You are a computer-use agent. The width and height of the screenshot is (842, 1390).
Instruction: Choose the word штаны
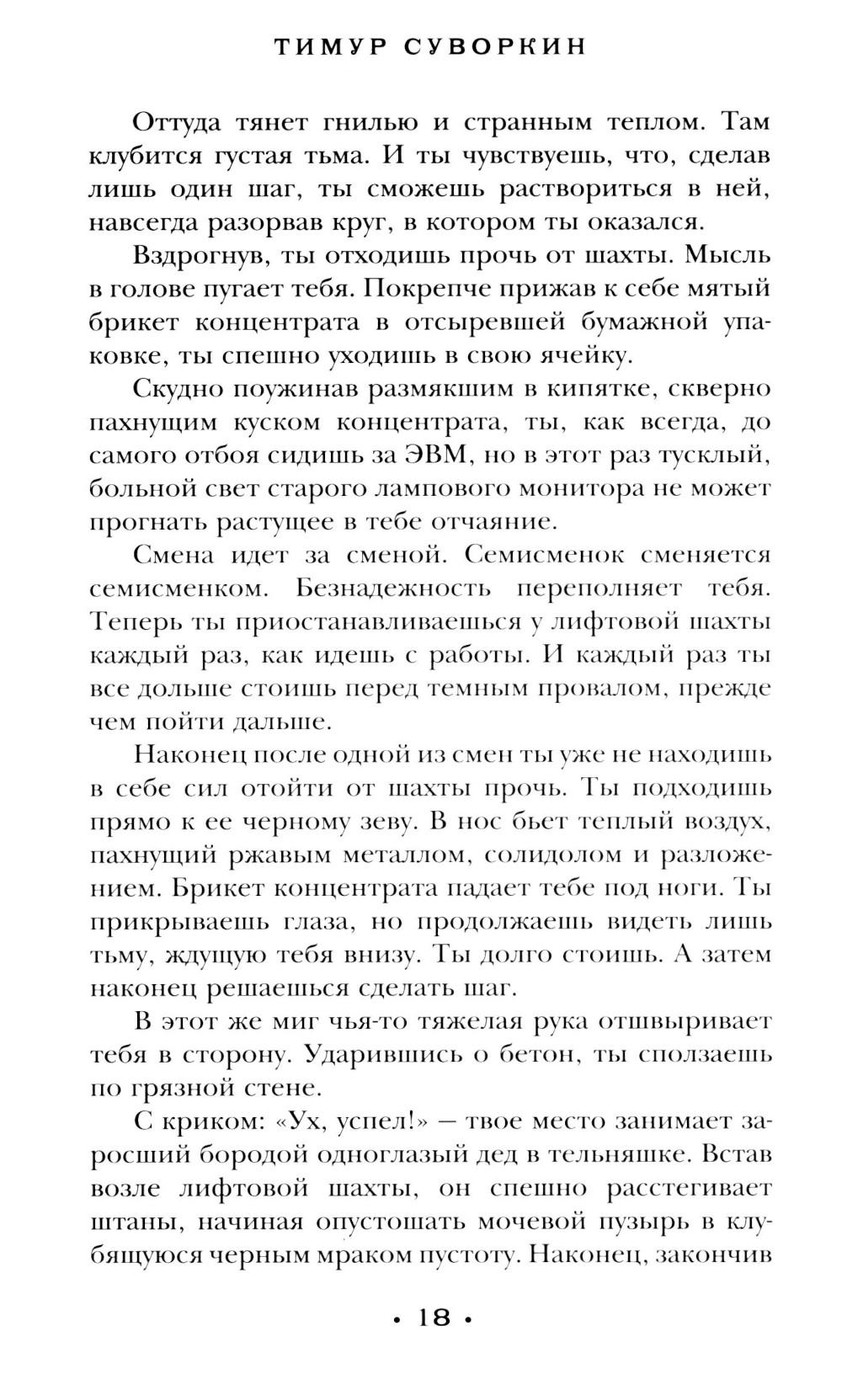pyautogui.click(x=125, y=1222)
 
